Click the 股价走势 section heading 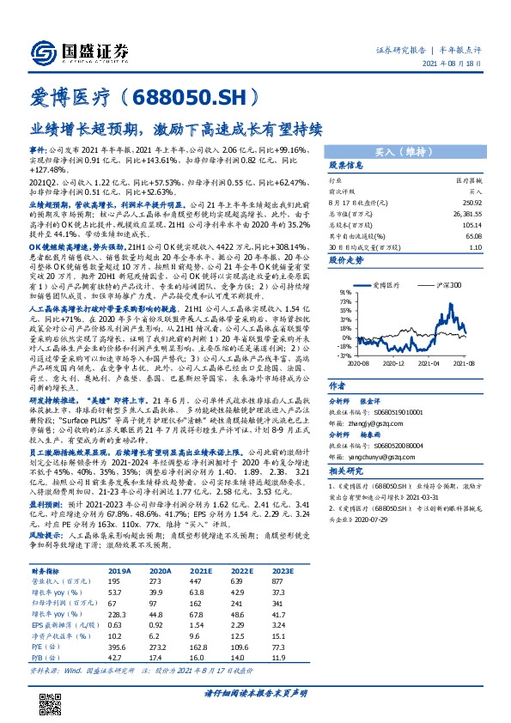(349, 258)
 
